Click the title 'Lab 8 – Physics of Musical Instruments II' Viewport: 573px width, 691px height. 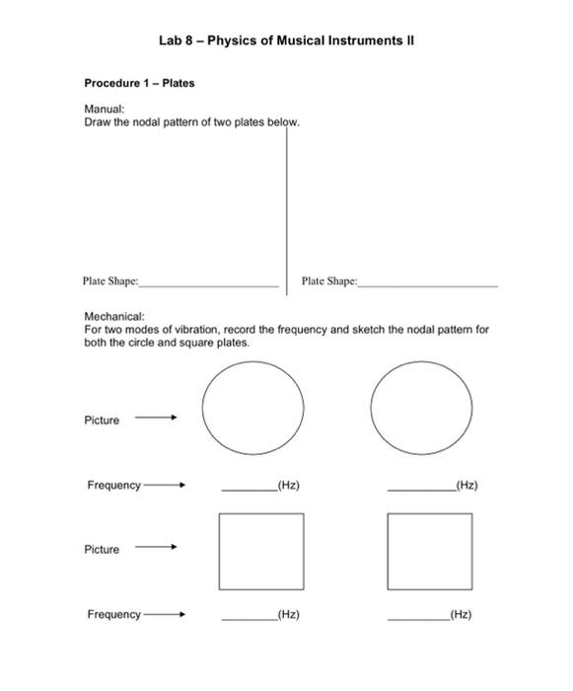tap(287, 40)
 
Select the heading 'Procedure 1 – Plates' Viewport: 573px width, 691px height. tap(139, 83)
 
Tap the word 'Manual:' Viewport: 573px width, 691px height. tap(103, 110)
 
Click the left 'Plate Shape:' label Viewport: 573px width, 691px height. tap(109, 281)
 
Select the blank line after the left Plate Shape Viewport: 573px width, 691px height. tap(209, 284)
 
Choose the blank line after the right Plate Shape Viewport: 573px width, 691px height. tap(429, 284)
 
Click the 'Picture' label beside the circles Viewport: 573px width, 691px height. tap(102, 421)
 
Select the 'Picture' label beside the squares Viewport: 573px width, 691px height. tap(102, 550)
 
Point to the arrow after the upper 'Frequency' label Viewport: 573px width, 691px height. tap(163, 486)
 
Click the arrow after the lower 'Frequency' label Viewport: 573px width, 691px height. tap(163, 615)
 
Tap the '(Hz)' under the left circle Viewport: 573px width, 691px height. tap(288, 486)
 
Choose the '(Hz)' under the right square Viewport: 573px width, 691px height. tap(460, 615)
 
